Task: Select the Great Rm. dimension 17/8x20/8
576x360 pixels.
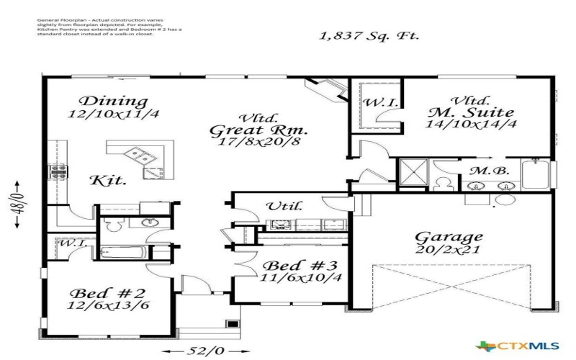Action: point(259,143)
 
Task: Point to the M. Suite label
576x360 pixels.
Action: point(471,112)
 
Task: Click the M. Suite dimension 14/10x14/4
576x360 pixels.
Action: point(471,124)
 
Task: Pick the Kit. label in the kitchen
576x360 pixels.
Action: point(108,180)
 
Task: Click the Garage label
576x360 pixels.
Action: point(448,236)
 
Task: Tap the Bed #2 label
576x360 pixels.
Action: point(101,293)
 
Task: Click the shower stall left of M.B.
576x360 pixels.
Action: point(413,172)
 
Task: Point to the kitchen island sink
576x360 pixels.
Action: point(141,153)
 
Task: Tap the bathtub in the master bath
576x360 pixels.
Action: point(536,174)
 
